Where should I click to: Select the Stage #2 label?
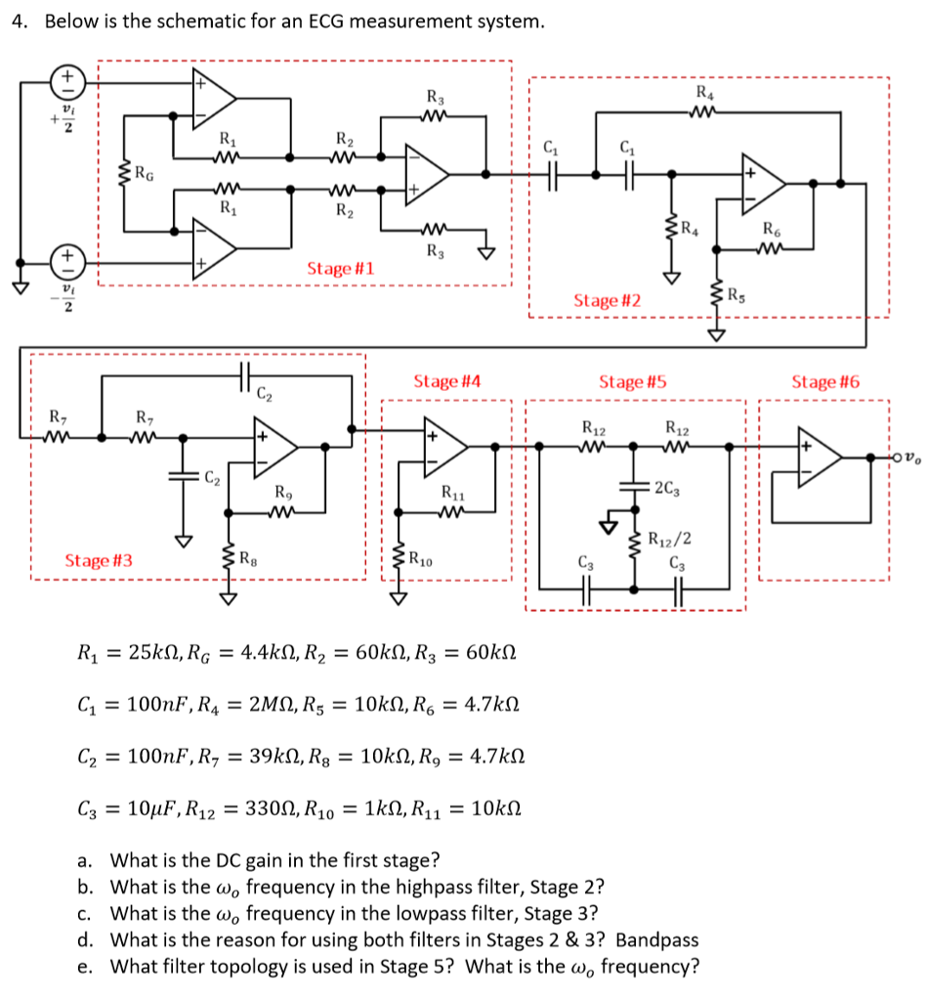pos(607,300)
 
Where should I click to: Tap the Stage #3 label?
pos(99,560)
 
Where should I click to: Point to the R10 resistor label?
pos(422,560)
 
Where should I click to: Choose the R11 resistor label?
pos(454,493)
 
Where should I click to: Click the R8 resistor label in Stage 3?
pos(251,560)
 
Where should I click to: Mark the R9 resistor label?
pos(283,493)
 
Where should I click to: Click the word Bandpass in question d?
pos(657,940)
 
